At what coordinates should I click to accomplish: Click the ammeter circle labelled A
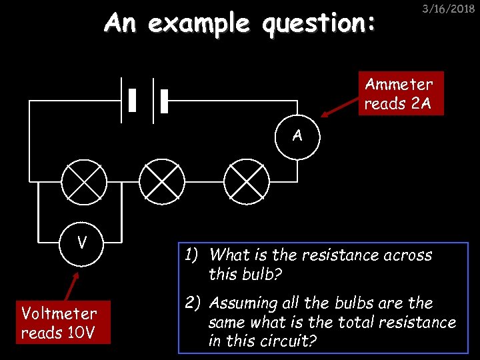297,137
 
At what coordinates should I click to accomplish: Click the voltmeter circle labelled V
81,241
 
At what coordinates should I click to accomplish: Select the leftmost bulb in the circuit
83,181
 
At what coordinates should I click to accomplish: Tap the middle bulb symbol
162,181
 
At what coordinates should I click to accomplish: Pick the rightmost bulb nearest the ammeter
246,181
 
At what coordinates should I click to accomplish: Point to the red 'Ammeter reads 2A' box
401,93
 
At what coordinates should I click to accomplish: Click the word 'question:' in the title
319,24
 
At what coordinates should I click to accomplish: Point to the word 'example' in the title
199,25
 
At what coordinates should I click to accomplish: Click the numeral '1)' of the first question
193,255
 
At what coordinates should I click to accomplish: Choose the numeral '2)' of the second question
193,303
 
